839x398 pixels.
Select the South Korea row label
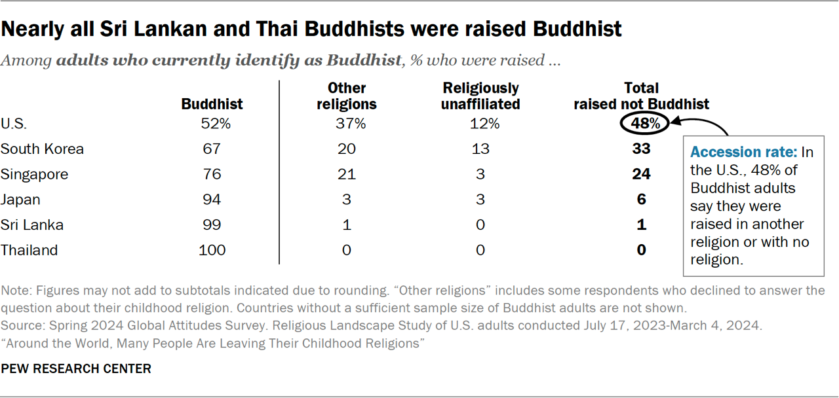43,149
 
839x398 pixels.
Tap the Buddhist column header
212,104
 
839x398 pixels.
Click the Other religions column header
347,96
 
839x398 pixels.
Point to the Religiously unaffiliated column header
480,96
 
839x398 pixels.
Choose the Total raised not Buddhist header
641,96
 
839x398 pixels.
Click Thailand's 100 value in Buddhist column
212,250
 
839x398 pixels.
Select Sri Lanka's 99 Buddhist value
212,225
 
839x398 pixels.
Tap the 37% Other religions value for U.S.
347,123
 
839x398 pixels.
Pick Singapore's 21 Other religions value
347,174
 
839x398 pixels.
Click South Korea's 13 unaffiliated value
480,149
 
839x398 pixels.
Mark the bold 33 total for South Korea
641,149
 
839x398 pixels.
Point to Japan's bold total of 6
641,200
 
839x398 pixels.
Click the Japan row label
20,200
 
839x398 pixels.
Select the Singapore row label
34,174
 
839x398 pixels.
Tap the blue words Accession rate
743,152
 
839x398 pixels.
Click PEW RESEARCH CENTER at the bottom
76,369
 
